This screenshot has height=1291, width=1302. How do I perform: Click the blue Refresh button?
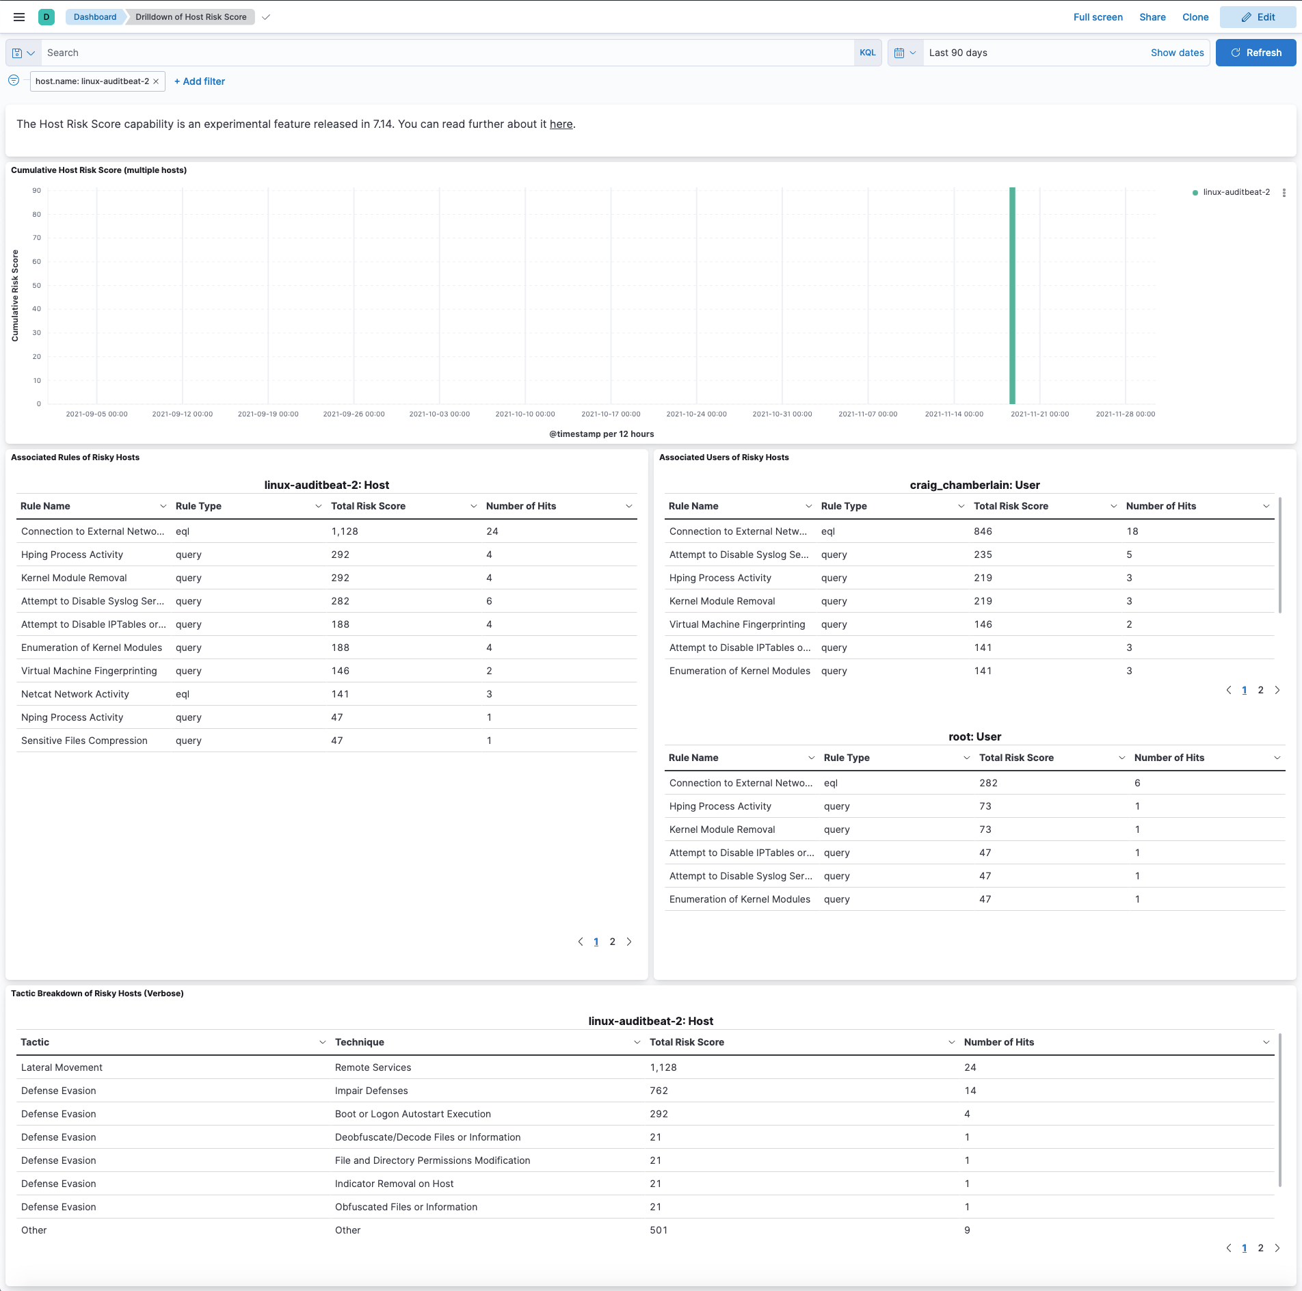1255,53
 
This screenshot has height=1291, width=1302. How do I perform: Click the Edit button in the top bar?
1258,17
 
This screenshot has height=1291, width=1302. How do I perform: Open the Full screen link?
1098,17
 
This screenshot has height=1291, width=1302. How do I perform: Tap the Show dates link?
1177,53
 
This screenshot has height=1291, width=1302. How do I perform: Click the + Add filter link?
200,81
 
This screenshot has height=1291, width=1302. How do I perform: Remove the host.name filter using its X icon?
156,81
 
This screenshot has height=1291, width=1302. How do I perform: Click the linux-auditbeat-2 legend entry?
1236,192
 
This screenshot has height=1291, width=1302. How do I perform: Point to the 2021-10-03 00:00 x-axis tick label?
439,414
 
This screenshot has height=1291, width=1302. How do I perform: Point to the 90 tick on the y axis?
36,191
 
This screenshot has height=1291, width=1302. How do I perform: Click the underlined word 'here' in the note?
561,124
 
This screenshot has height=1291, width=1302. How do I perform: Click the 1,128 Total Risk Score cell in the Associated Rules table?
345,531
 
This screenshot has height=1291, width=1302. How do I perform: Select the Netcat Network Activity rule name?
75,694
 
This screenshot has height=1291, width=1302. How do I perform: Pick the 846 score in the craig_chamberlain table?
983,531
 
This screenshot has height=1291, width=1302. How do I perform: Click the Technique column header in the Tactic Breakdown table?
360,1042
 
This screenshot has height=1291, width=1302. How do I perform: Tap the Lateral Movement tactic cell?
62,1067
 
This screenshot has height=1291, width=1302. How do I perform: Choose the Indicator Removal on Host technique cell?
394,1184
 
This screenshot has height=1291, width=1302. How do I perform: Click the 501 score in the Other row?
659,1230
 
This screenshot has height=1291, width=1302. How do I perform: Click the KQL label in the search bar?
867,53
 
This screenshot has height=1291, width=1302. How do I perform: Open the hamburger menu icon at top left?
19,17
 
